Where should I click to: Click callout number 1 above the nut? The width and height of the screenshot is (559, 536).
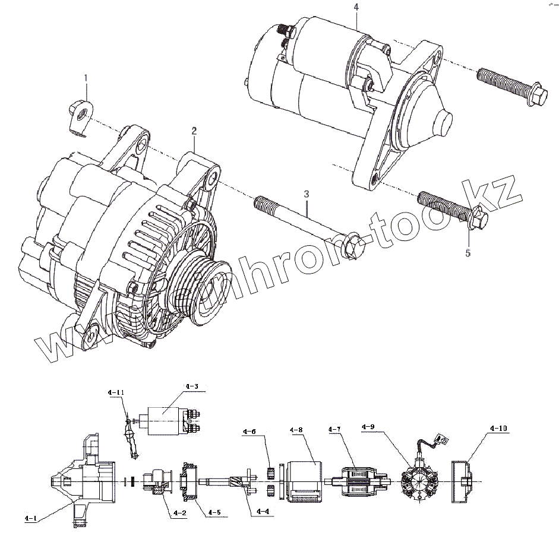coord(86,78)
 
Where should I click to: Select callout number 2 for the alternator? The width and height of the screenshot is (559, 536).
coord(194,130)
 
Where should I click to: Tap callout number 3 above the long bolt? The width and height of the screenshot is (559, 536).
coord(307,194)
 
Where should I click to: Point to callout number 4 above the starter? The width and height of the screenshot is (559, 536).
coord(356,7)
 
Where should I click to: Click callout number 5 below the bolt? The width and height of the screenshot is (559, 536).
coord(468,253)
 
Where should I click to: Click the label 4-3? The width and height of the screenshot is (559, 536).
coord(191,386)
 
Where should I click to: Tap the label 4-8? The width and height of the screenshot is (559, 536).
coord(296,430)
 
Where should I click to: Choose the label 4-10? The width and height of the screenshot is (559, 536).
coord(498,428)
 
